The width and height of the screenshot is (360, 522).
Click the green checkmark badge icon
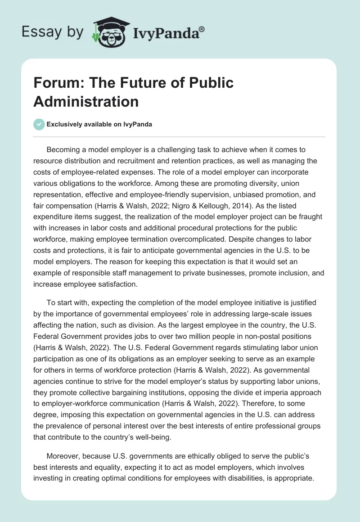[39, 124]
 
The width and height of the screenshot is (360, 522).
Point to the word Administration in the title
[86, 101]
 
